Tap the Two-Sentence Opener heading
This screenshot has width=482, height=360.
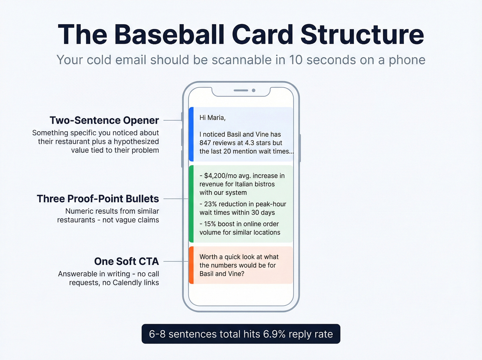[x=104, y=120]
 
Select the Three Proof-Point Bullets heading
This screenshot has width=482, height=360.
[x=98, y=199]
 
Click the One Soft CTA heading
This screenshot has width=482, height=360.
[x=126, y=261]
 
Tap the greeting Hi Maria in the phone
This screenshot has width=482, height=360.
[x=212, y=118]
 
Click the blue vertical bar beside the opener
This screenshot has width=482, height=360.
[x=191, y=134]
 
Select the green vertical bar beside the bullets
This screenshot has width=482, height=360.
[x=191, y=204]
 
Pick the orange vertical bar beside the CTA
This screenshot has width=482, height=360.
[x=191, y=265]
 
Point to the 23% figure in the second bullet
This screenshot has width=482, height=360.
[x=210, y=204]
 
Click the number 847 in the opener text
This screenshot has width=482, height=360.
[x=205, y=143]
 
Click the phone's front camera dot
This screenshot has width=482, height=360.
[x=254, y=90]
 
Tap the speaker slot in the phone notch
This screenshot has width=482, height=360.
[x=241, y=90]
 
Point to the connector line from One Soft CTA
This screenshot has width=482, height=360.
[x=176, y=261]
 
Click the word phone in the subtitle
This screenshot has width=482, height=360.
[x=407, y=60]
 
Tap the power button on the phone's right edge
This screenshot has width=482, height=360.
[x=300, y=148]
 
